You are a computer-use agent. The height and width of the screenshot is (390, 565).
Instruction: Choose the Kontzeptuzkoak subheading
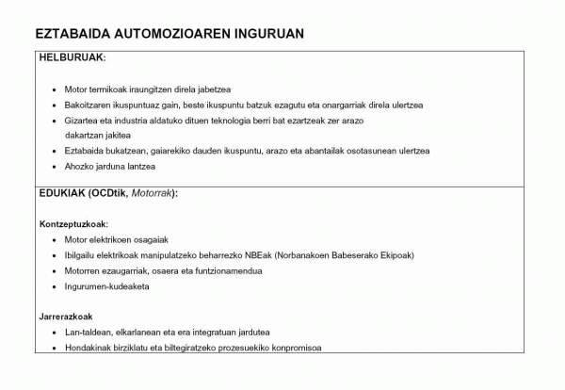73,224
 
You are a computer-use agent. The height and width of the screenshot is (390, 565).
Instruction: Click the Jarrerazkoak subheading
66,317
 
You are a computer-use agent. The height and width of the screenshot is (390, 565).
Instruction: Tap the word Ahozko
79,167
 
